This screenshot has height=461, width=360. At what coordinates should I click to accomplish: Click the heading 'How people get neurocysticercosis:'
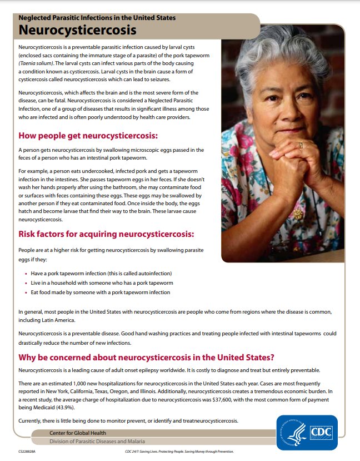88,135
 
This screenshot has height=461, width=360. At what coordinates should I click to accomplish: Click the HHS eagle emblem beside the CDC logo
293,433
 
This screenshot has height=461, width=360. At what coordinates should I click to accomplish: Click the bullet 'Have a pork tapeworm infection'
101,274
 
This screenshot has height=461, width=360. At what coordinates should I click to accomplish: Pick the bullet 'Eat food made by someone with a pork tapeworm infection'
100,292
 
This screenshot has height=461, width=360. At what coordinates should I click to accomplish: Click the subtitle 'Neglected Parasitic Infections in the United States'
97,18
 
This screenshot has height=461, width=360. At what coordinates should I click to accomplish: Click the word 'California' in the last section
69,391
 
